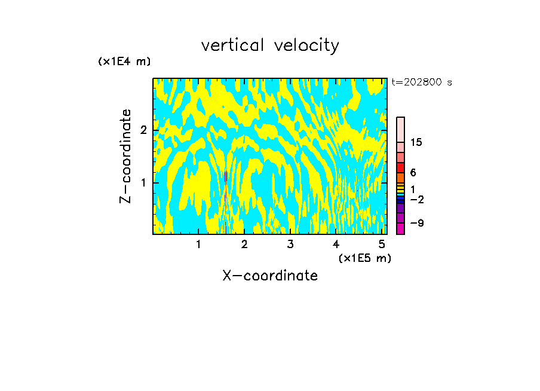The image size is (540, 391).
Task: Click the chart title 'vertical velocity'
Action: [270, 45]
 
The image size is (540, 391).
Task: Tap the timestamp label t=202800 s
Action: [422, 83]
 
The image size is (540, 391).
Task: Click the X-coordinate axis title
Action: [270, 276]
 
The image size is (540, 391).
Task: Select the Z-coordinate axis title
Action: [126, 156]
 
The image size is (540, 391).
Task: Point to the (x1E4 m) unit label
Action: [124, 62]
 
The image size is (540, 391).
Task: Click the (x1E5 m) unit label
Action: [364, 258]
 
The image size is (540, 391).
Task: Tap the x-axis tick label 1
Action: [198, 244]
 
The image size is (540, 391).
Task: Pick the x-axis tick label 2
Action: [244, 244]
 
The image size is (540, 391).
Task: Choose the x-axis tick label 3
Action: [290, 244]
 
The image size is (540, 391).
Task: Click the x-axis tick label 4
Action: [336, 244]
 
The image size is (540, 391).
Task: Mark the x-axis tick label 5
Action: [382, 244]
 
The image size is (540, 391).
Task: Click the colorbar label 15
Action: [416, 142]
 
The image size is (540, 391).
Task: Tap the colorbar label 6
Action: [413, 172]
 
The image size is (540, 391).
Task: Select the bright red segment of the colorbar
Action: [400, 167]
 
